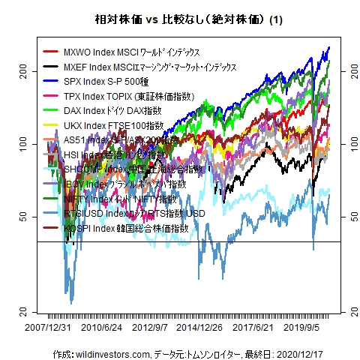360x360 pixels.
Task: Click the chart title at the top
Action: click(x=179, y=20)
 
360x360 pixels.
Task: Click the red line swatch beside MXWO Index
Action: click(x=51, y=52)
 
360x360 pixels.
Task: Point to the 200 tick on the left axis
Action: click(x=22, y=70)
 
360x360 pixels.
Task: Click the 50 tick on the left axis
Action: click(x=22, y=216)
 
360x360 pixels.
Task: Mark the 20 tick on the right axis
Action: click(x=346, y=311)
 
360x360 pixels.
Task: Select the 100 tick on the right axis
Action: click(x=346, y=143)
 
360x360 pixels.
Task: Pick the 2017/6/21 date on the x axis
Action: click(x=253, y=328)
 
